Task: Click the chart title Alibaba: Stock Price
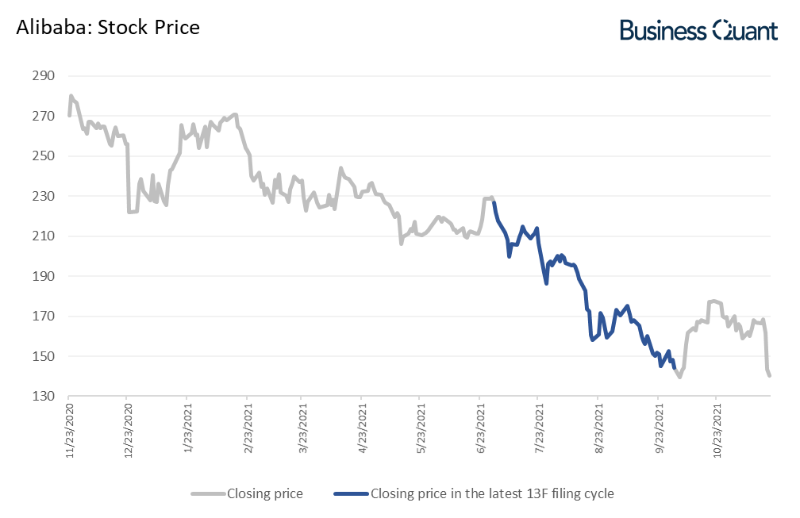click(x=108, y=28)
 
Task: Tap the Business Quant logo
click(x=698, y=29)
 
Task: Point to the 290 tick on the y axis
click(x=43, y=76)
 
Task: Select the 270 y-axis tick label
click(x=43, y=116)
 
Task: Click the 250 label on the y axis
click(x=43, y=156)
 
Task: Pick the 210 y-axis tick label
click(x=43, y=236)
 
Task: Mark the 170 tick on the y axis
click(x=43, y=317)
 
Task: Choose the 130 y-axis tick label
click(x=43, y=397)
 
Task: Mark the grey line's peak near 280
click(x=71, y=96)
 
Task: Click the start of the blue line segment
click(x=494, y=202)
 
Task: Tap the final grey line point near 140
click(x=770, y=375)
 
